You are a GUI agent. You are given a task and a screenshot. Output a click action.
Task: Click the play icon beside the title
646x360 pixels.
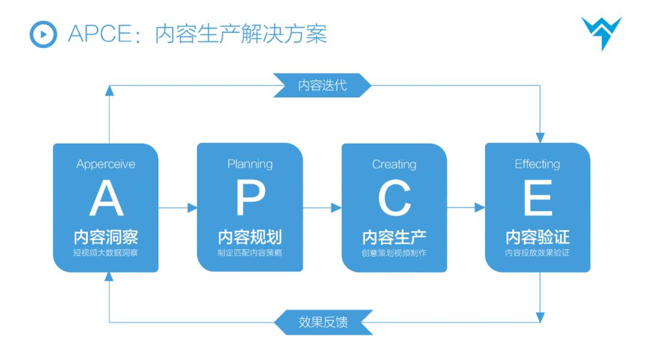tap(43, 34)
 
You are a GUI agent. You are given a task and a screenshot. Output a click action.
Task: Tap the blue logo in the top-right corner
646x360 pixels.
tap(601, 33)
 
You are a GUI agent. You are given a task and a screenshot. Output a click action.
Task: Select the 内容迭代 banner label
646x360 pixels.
tap(322, 85)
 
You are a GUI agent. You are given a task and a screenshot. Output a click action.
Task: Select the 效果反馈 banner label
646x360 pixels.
tap(323, 322)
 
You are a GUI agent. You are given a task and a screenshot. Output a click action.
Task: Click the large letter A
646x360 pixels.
tap(106, 200)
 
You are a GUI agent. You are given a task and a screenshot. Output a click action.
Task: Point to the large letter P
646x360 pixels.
tap(250, 200)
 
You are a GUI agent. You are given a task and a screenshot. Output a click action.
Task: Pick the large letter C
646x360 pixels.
tap(394, 200)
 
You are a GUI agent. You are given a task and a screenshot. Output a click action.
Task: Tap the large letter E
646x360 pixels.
tap(538, 200)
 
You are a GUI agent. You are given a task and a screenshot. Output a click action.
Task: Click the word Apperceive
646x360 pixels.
tap(106, 164)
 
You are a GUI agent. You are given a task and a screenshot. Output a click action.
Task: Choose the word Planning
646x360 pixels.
tap(250, 164)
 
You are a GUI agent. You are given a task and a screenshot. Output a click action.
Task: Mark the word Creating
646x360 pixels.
tap(394, 164)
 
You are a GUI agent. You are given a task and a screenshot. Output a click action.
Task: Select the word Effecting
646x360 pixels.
tap(538, 164)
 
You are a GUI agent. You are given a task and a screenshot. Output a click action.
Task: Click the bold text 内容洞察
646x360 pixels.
tap(106, 237)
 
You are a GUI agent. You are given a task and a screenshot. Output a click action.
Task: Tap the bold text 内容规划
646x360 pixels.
tap(250, 237)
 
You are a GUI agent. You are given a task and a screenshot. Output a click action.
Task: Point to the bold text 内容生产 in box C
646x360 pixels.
tap(394, 237)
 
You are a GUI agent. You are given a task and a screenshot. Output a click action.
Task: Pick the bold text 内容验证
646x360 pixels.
tap(538, 237)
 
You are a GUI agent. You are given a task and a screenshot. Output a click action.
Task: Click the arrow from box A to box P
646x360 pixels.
tap(178, 208)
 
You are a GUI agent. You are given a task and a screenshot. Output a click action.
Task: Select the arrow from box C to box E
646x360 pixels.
tap(466, 208)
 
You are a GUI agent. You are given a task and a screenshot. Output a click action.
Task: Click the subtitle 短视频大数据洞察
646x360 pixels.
tap(106, 253)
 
